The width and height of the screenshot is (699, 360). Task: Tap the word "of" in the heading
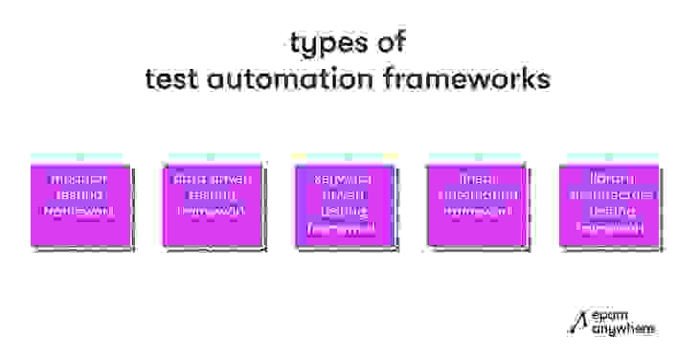[x=393, y=43]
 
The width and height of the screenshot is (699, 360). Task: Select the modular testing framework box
[x=81, y=201]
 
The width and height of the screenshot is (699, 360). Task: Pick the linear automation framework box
[x=476, y=201]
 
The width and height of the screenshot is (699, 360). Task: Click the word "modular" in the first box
[x=81, y=179]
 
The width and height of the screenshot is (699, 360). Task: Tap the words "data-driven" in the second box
[x=213, y=179]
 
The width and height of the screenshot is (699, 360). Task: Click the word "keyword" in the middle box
[x=344, y=179]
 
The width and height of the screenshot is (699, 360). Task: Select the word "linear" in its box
[x=476, y=179]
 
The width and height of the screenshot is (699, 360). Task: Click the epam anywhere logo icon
[x=575, y=324]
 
